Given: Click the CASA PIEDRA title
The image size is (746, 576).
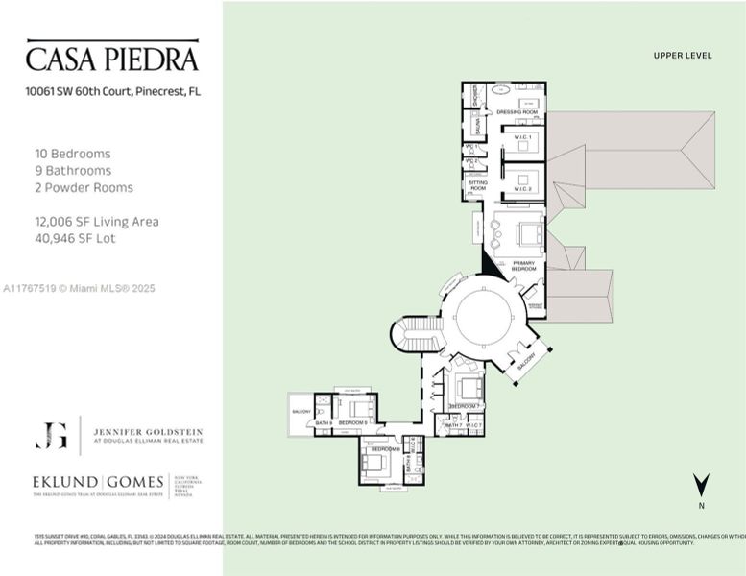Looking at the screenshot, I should (111, 58).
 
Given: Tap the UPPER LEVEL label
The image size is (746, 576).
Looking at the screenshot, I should (682, 56).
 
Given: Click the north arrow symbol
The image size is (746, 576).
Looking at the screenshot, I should (702, 485).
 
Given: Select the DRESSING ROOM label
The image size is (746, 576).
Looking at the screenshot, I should (517, 112).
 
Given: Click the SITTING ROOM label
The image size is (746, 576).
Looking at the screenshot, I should (477, 186).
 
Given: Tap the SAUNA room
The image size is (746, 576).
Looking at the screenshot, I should (476, 127).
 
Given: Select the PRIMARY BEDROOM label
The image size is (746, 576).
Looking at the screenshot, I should (523, 265).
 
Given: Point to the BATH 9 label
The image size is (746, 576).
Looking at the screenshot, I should (323, 423).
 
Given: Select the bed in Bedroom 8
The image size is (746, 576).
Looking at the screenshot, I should (375, 464).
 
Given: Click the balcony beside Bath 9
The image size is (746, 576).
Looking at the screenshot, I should (300, 411).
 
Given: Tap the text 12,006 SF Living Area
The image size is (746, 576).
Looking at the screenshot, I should (96, 222).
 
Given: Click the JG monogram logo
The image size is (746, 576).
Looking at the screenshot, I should (51, 436).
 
